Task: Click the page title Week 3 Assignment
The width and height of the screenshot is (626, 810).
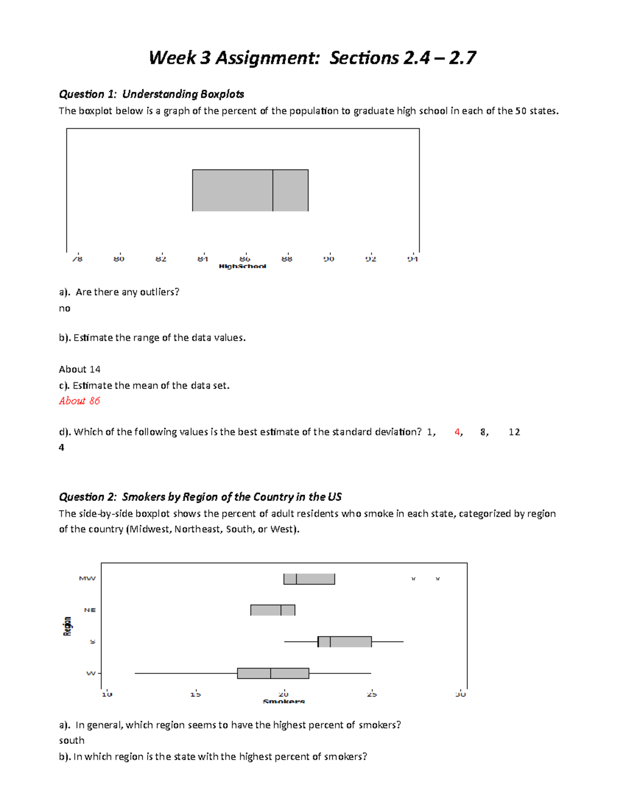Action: (312, 57)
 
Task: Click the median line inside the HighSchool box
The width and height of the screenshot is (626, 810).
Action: (273, 190)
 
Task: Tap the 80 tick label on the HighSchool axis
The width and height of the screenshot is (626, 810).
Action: (119, 259)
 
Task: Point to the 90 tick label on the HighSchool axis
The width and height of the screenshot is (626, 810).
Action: (329, 259)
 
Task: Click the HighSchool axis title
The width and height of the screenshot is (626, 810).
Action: (243, 267)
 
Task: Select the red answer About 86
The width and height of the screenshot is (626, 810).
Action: (79, 401)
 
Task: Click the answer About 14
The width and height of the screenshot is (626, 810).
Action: (79, 369)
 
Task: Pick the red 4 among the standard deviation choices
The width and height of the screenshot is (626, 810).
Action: (458, 432)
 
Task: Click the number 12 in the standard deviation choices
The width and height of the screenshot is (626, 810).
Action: (514, 432)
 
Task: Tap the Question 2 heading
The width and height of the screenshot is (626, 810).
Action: (200, 497)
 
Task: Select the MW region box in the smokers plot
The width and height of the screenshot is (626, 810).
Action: (309, 579)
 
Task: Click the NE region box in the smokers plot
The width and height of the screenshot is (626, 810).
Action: (272, 610)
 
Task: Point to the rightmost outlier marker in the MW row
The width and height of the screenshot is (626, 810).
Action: (438, 579)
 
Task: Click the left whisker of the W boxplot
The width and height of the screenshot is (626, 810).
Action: (185, 673)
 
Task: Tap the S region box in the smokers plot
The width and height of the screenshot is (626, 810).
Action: (344, 642)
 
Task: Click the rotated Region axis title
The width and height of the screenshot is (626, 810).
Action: (67, 626)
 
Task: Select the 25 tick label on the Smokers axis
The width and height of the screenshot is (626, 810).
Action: (371, 694)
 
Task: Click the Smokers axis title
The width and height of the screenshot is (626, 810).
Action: (284, 702)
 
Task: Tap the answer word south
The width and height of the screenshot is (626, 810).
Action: (71, 740)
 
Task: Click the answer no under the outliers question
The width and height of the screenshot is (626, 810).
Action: (65, 308)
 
